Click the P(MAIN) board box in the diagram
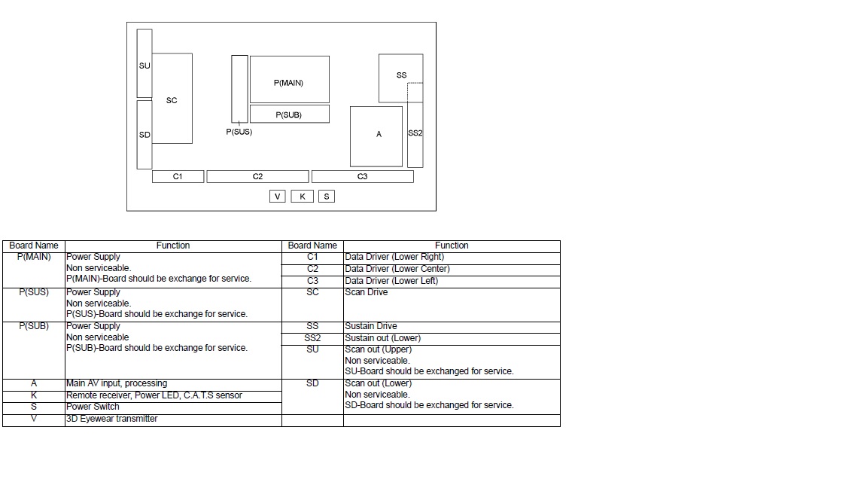pyautogui.click(x=289, y=79)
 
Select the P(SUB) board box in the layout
pyautogui.click(x=289, y=114)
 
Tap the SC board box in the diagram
pyautogui.click(x=172, y=99)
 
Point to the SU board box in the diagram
pyautogui.click(x=144, y=63)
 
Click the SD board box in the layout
pyautogui.click(x=144, y=135)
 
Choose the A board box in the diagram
pyautogui.click(x=376, y=136)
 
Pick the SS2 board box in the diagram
pyautogui.click(x=415, y=135)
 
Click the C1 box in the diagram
pyautogui.click(x=178, y=176)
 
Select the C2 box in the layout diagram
pyautogui.click(x=257, y=176)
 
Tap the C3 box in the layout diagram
pyautogui.click(x=362, y=176)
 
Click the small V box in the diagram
pyautogui.click(x=278, y=197)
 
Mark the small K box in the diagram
pyautogui.click(x=303, y=197)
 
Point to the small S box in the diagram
pyautogui.click(x=326, y=197)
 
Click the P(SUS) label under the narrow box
pyautogui.click(x=239, y=132)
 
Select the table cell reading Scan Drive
pyautogui.click(x=452, y=305)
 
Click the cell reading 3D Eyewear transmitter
pyautogui.click(x=173, y=420)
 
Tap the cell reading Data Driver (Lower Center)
pyautogui.click(x=452, y=270)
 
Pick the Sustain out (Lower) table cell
pyautogui.click(x=452, y=339)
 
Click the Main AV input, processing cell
pyautogui.click(x=173, y=385)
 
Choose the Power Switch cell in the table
pyautogui.click(x=173, y=408)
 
